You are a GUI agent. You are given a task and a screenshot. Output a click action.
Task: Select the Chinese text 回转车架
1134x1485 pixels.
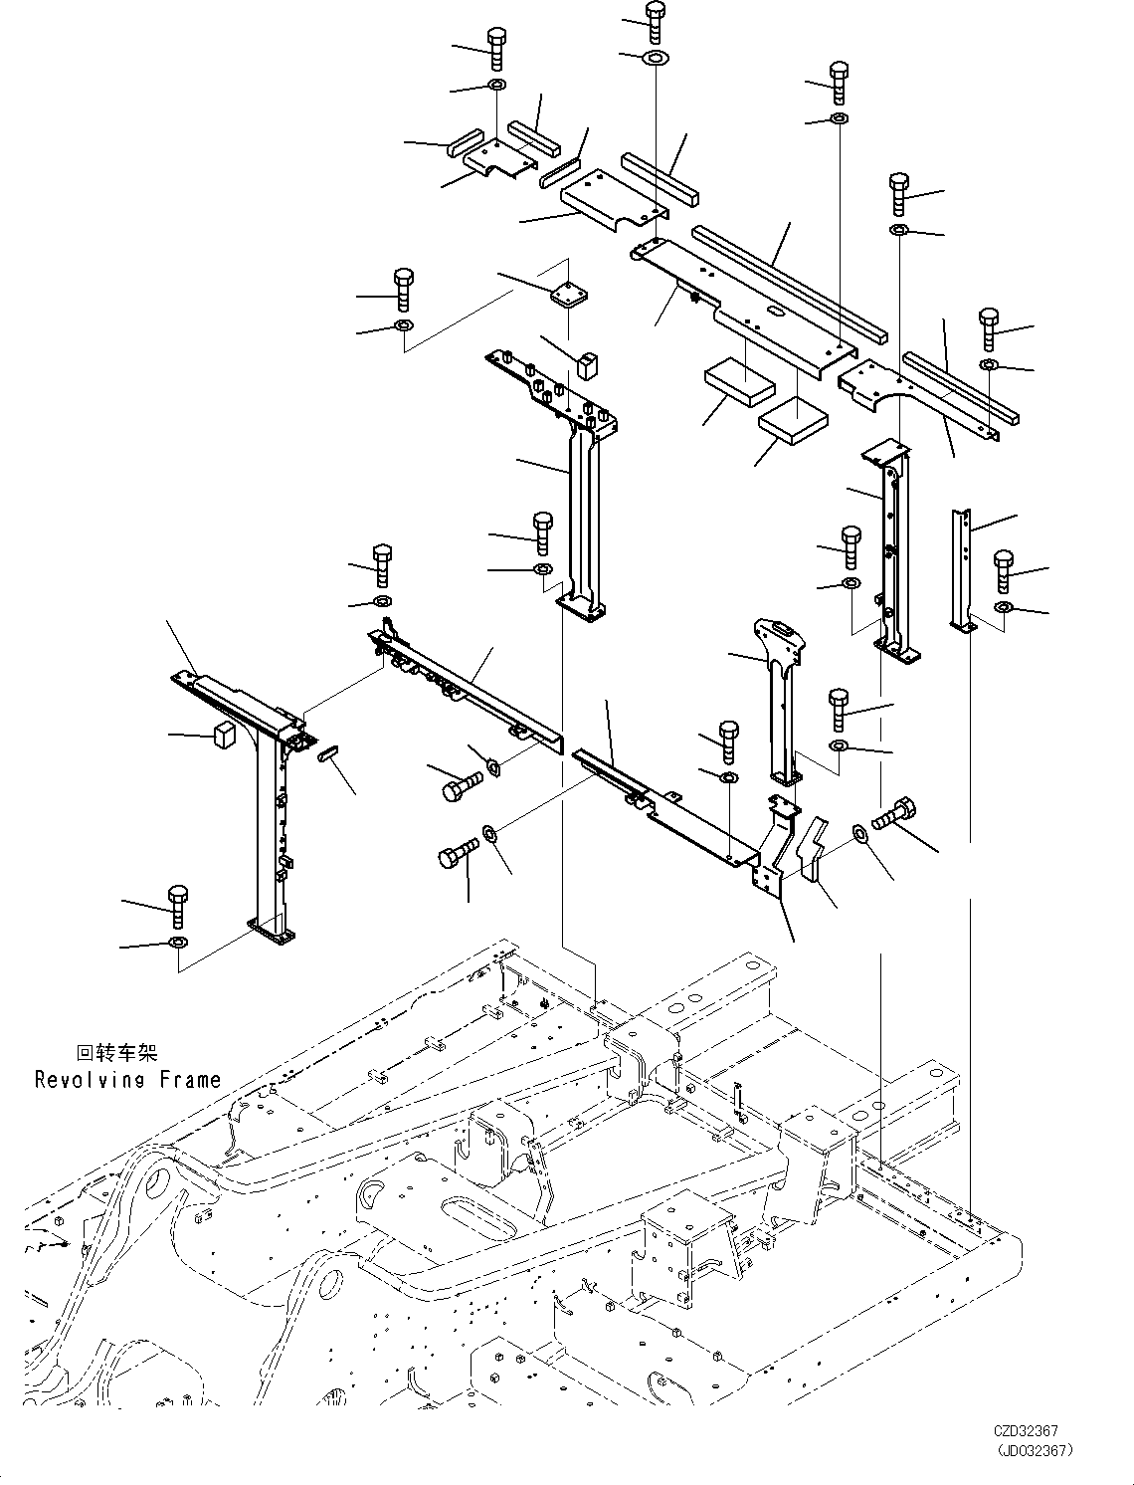(116, 1053)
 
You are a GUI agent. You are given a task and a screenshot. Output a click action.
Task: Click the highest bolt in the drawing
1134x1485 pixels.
(655, 21)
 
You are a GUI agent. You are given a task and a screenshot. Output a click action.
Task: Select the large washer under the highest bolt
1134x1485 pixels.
(656, 58)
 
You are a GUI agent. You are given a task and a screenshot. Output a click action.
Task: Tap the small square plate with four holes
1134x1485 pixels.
(568, 293)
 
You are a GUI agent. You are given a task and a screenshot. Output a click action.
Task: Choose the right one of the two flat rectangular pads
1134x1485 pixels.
(793, 419)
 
